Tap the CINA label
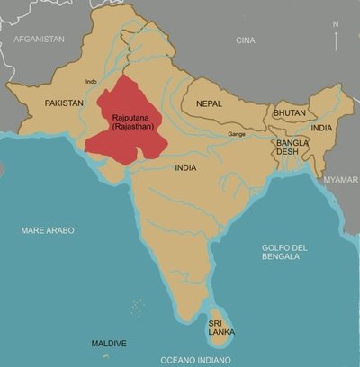245,40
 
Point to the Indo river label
90,82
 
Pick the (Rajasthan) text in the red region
133,128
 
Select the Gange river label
237,135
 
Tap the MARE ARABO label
48,231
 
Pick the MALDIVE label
109,344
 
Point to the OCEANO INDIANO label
195,360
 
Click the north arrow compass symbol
336,37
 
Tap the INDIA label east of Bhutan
321,129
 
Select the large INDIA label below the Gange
186,168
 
